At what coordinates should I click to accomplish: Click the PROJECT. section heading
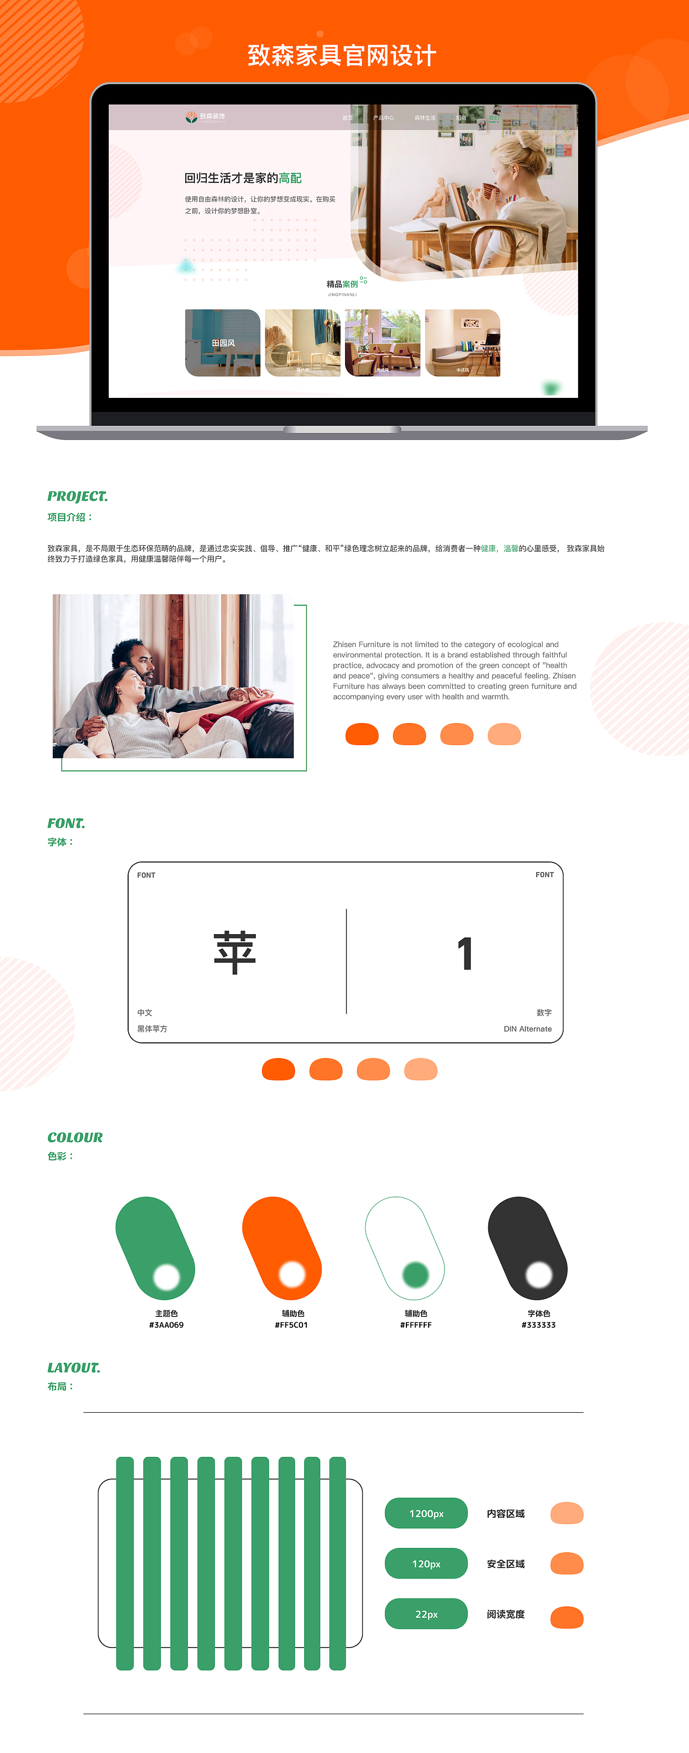pos(78,496)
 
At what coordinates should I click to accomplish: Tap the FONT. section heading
pos(66,823)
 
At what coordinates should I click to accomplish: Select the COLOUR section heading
pos(75,1137)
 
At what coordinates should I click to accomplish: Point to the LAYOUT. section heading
pos(73,1367)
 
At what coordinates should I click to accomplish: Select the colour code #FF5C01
pos(291,1325)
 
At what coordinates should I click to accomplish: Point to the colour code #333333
pos(539,1325)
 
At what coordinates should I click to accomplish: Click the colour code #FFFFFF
pos(416,1325)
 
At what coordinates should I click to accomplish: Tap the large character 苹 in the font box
pos(235,953)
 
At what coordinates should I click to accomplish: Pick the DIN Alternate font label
pos(527,1029)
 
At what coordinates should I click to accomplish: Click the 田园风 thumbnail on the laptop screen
pos(222,343)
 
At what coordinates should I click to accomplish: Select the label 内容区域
pos(505,1513)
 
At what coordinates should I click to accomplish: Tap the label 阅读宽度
pos(505,1614)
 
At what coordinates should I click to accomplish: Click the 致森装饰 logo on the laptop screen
pos(206,117)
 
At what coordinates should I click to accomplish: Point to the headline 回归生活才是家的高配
pos(243,178)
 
